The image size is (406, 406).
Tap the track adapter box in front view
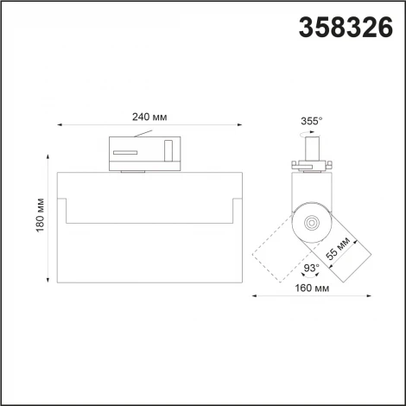click(145, 153)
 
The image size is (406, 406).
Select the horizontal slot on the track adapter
click(126, 153)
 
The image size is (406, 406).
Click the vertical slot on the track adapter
click(169, 151)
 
